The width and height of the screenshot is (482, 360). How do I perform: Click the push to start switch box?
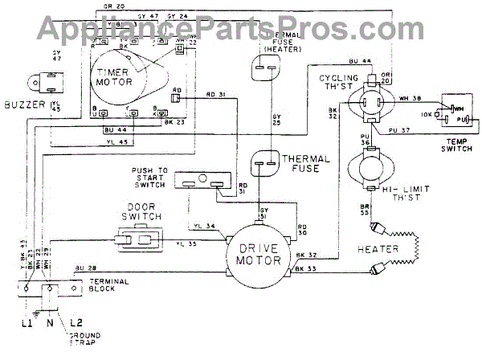201,182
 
